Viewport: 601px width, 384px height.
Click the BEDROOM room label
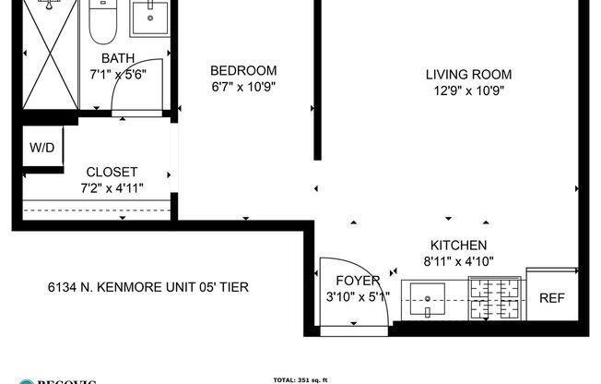(243, 71)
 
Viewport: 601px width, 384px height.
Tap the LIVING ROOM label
(468, 75)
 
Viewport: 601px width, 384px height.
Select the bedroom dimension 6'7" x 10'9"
(243, 88)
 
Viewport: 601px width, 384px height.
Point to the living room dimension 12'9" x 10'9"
(468, 91)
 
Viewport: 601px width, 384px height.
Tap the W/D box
(41, 148)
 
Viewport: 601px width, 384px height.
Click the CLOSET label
(112, 172)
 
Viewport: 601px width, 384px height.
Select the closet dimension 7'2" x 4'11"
(112, 188)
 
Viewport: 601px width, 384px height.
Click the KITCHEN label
(458, 245)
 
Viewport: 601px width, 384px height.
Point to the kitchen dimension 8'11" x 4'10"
(458, 260)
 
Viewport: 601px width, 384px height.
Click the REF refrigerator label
(551, 297)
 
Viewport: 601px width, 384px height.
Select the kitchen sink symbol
(429, 296)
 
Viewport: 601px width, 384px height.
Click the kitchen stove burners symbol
(492, 297)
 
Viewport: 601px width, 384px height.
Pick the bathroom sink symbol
(148, 18)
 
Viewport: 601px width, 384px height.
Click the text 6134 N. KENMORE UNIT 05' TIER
(147, 287)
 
